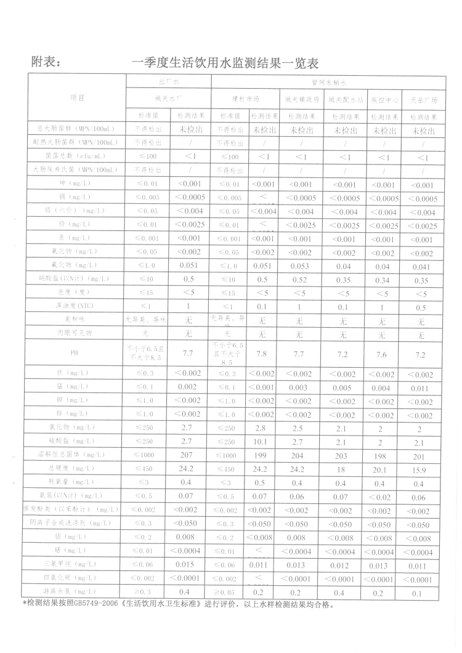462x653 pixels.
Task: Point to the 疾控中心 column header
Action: [x=384, y=99]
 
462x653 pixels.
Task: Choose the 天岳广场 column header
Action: [x=424, y=99]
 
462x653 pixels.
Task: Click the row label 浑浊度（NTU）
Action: [x=77, y=306]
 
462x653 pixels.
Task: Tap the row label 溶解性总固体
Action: [x=77, y=455]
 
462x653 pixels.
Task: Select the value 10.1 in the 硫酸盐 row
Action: [x=262, y=440]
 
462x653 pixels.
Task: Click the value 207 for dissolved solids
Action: [x=187, y=455]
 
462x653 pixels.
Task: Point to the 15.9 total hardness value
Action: [x=421, y=469]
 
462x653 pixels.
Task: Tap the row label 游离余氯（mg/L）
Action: [x=77, y=592]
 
